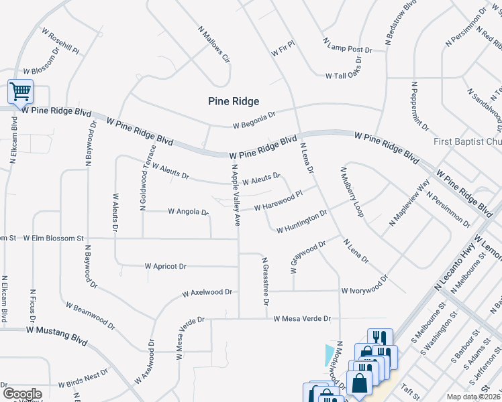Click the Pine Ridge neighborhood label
tap(232, 100)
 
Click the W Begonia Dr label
tap(254, 120)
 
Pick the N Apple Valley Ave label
tap(236, 194)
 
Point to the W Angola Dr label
tap(183, 212)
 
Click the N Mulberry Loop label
tap(351, 192)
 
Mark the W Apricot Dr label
tap(165, 266)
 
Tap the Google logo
tap(21, 393)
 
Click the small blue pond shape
tap(328, 352)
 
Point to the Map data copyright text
tap(472, 397)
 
